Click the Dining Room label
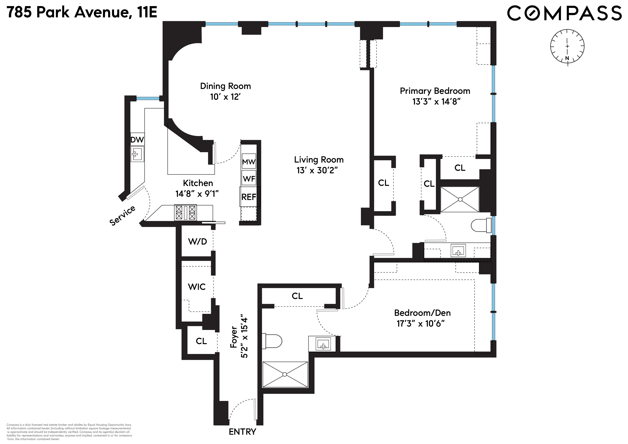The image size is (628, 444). click(225, 86)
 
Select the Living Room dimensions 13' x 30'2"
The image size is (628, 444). click(317, 170)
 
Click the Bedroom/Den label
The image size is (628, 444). click(422, 313)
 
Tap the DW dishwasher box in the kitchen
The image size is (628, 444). click(137, 140)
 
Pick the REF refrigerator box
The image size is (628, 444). click(249, 197)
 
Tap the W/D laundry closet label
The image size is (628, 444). click(197, 241)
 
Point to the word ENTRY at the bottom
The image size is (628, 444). click(242, 431)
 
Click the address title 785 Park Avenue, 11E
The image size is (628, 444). click(82, 12)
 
